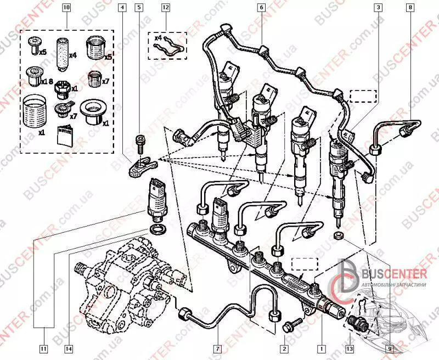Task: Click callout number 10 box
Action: pos(66,8)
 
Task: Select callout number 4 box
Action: pos(122,8)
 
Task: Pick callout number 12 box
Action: pos(165,8)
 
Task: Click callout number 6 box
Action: pos(261,8)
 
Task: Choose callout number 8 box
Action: pos(410,8)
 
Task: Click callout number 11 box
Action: pos(42,347)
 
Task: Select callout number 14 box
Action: pos(68,347)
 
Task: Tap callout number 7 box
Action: pos(217,347)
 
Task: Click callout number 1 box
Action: pos(322,347)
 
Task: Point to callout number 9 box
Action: pos(389,347)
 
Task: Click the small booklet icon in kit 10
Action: pos(64,133)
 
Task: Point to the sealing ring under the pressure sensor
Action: pos(156,227)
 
